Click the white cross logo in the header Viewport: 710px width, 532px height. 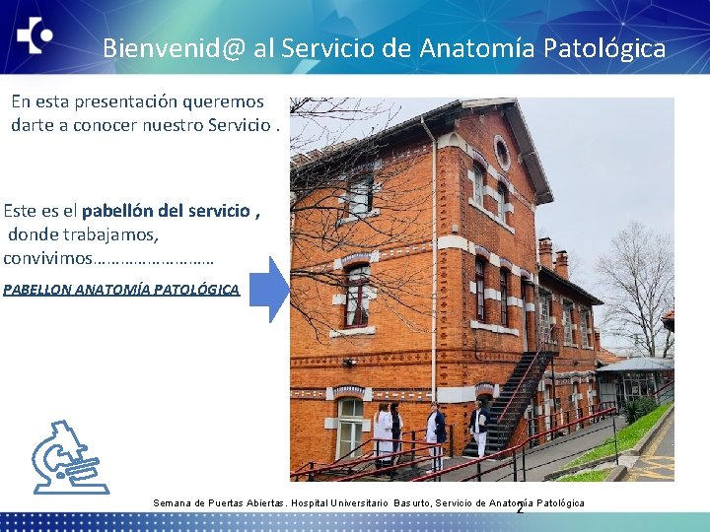(35, 35)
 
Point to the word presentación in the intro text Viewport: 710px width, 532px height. (137, 101)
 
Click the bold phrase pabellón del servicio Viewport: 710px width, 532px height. (166, 211)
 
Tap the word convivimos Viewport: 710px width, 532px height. (47, 258)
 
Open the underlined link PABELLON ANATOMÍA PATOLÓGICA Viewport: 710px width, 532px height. (120, 290)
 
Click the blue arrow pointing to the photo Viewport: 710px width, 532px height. (268, 289)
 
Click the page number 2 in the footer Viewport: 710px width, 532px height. (520, 508)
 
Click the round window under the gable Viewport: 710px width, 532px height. (501, 153)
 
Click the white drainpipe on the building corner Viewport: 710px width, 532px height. (432, 266)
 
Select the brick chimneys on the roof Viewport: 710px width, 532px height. (552, 257)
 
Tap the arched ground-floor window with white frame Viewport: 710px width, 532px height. (350, 426)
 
